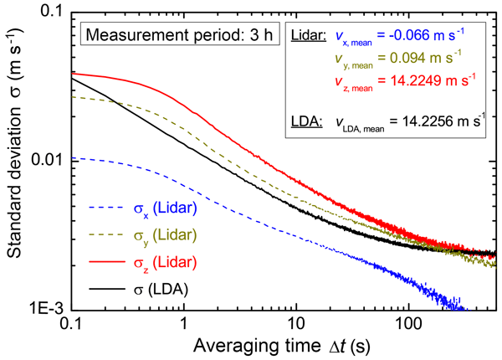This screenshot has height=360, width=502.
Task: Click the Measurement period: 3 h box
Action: [162, 36]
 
